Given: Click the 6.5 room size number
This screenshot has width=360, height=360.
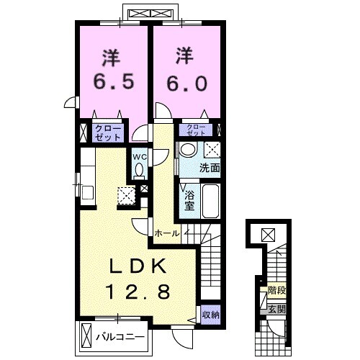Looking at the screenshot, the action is (113, 82).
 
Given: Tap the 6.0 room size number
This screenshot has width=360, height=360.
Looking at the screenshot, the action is (187, 82).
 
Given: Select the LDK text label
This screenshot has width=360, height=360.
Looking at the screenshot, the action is (138, 266).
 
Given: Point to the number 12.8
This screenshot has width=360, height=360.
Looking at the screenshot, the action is (138, 292).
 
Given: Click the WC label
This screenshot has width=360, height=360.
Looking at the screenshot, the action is (140, 157).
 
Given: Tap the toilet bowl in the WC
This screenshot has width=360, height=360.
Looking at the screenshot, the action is (139, 171).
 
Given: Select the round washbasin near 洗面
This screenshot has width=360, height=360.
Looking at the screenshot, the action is (188, 149).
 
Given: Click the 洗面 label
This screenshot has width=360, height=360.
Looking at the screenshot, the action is (210, 168).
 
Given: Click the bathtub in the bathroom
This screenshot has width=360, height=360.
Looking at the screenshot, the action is (210, 201).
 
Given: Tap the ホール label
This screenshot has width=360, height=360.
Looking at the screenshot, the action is (167, 233).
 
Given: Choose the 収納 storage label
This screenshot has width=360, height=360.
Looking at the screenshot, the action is (210, 315).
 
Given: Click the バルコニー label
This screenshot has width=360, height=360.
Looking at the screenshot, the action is (120, 337).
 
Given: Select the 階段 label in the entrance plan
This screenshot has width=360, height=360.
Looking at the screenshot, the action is (276, 291).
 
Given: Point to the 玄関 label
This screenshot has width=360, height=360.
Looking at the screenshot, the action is (276, 310).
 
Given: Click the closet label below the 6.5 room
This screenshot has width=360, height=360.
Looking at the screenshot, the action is (108, 132).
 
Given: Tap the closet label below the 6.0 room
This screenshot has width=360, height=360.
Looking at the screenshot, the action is (196, 130).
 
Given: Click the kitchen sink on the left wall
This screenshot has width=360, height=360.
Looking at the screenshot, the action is (87, 192).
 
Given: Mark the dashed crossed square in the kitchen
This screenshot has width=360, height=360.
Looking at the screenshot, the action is (126, 195).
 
